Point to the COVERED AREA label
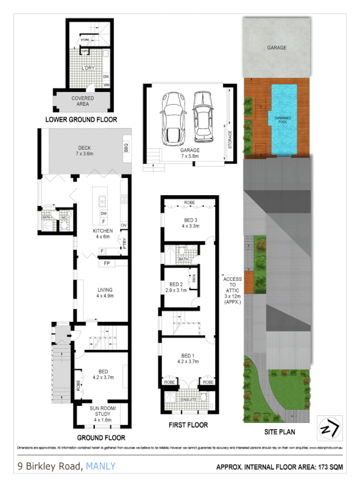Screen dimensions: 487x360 (83, 101)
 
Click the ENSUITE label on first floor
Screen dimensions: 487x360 (188, 400)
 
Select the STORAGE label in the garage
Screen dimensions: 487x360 (230, 140)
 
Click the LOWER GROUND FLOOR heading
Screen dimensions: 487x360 (81, 120)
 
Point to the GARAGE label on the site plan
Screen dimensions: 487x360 (277, 48)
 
